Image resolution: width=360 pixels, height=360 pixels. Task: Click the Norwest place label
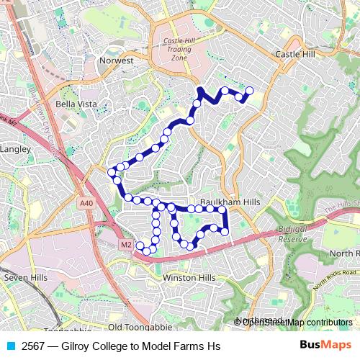[117, 60]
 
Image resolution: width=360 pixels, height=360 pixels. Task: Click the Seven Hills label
[25, 277]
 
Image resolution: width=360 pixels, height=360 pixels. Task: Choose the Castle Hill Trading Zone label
[179, 49]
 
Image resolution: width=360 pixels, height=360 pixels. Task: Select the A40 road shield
[86, 204]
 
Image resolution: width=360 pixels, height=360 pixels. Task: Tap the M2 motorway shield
[125, 245]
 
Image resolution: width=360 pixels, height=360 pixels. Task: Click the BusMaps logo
[325, 346]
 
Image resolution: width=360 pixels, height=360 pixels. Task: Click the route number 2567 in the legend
[35, 346]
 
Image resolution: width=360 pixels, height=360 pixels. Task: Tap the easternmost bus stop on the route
[250, 90]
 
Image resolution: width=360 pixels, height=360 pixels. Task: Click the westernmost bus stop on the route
[111, 171]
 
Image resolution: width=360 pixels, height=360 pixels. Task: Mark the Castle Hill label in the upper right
[296, 54]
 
